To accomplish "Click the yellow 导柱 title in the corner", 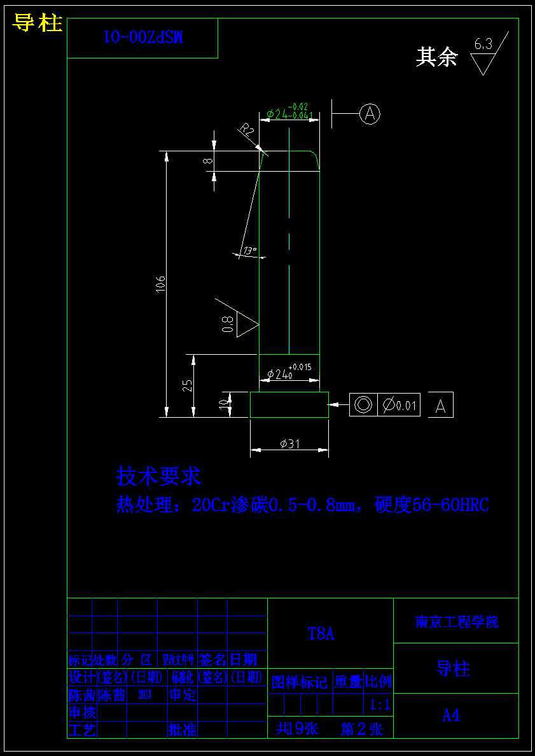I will pos(38,24).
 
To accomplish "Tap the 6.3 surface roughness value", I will pos(483,45).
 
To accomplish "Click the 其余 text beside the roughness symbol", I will pos(437,57).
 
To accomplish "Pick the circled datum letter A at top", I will pos(370,114).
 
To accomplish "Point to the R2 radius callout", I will pos(246,131).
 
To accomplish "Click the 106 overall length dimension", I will pos(161,284).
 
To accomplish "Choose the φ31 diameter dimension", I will pos(290,444).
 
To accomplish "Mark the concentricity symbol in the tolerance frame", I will pos(363,404).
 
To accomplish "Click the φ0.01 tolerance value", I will pos(400,405).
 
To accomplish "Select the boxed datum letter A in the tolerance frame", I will pos(441,406).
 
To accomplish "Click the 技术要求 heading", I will pos(158,476).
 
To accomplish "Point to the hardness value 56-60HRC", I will pos(451,505).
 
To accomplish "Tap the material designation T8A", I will pos(321,634).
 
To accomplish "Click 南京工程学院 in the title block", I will pos(457,622).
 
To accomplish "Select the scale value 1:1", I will pos(380,704).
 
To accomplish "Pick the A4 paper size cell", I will pos(451,715).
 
